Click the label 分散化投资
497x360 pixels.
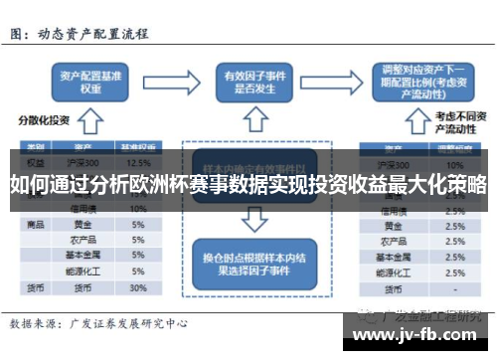coord(43,119)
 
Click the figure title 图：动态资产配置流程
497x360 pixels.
coord(80,33)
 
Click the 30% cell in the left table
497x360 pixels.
coord(139,287)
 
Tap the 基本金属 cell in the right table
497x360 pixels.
coord(391,257)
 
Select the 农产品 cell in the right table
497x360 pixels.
coord(391,241)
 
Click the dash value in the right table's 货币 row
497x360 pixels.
coord(454,287)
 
